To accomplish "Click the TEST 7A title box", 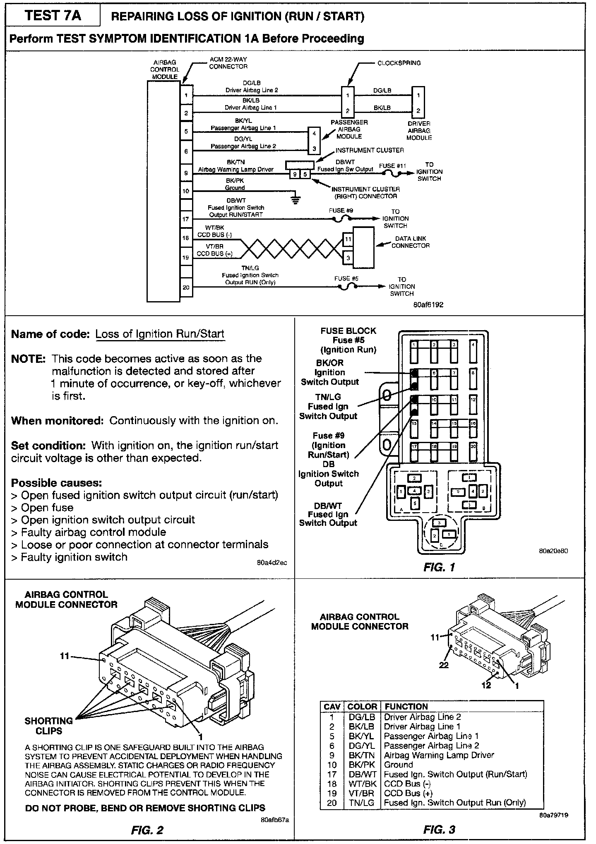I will (53, 16).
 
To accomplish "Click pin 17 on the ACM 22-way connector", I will (186, 219).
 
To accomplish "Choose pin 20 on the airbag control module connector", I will (186, 287).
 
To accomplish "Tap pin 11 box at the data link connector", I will (348, 239).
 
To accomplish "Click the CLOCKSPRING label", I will (399, 63).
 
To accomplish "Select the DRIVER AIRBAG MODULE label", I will (419, 130).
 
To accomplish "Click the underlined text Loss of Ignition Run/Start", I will (160, 334).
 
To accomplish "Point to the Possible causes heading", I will (56, 483).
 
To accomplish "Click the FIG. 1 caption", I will (439, 567).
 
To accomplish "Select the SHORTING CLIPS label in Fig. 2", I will (48, 726).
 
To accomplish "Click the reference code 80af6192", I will (428, 305).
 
